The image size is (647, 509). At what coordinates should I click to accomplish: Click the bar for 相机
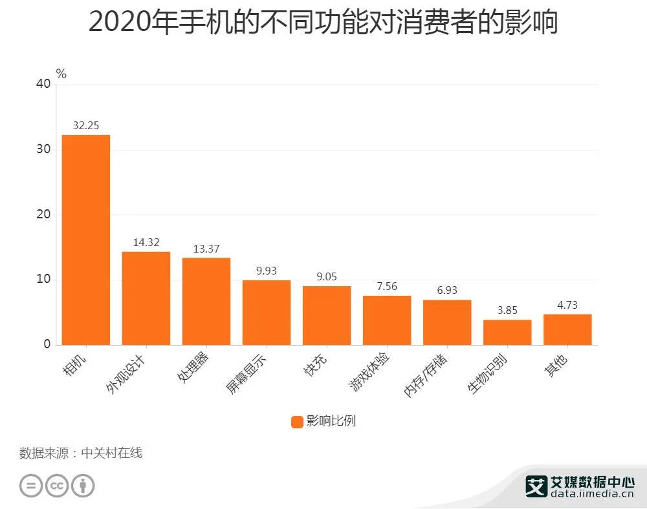point(86,240)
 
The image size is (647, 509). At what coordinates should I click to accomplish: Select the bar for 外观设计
point(146,298)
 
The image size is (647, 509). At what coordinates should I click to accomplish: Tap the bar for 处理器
point(206,301)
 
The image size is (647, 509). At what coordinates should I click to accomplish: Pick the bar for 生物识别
point(507,332)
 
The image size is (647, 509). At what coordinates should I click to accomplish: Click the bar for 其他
point(567,329)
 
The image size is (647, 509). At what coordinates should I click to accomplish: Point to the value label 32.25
point(86,126)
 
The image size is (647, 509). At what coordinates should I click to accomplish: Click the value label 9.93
point(267,271)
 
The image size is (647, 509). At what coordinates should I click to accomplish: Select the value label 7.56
point(387,287)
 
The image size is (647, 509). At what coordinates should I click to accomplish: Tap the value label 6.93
point(447,291)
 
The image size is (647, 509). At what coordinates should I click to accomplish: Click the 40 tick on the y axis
point(43,84)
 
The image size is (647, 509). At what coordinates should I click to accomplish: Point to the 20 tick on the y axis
point(43,214)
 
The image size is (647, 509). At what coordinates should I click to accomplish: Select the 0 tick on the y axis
point(47,344)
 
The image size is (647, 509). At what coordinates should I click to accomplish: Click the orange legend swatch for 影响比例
point(297,422)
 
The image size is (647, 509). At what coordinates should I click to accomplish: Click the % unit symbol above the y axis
point(61,74)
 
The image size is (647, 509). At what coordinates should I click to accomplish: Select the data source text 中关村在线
point(111,453)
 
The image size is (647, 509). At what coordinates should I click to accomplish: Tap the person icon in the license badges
point(83,485)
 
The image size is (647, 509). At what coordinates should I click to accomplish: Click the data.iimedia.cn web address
point(591,495)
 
